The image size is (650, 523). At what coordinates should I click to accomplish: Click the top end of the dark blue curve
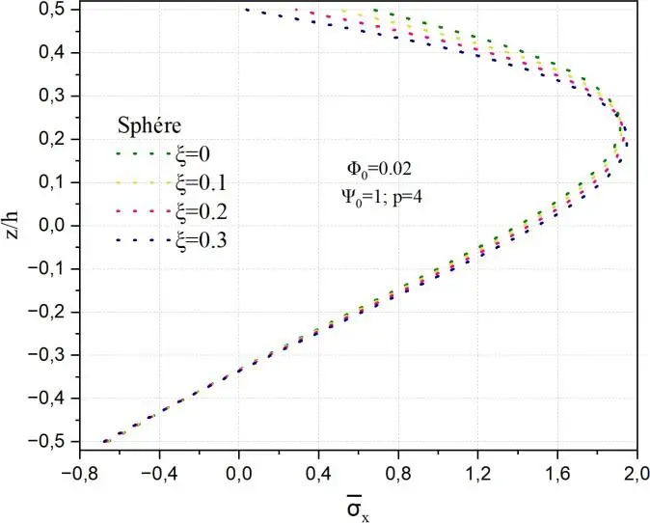pyautogui.click(x=246, y=10)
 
